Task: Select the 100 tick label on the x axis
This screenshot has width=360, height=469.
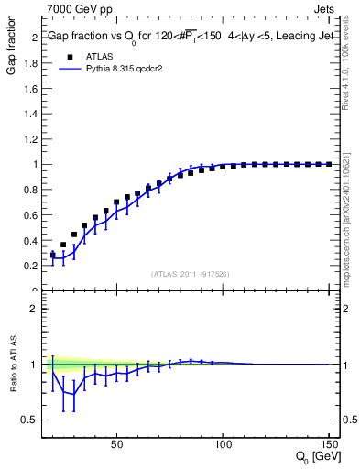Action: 223,444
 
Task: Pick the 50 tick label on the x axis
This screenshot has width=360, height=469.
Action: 116,444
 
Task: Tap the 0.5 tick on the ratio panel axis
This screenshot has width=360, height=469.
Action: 31,420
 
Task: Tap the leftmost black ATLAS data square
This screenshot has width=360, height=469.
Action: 52,256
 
